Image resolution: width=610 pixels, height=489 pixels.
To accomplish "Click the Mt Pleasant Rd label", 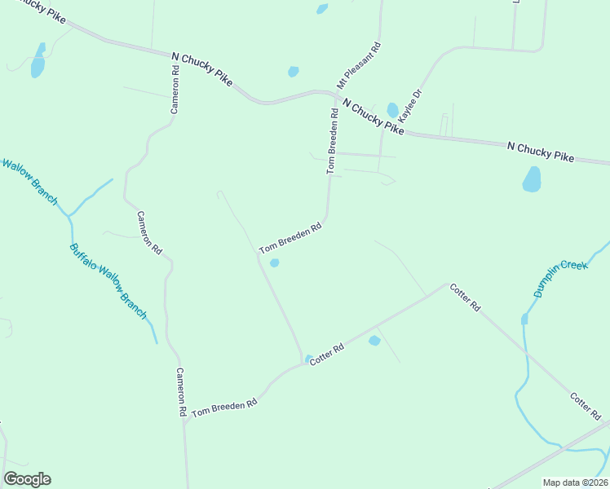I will pyautogui.click(x=359, y=65).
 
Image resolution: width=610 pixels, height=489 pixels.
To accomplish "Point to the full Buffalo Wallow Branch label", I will pyautogui.click(x=108, y=281).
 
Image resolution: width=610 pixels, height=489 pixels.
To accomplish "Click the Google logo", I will pyautogui.click(x=27, y=479).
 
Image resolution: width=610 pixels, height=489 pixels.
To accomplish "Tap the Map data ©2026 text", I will pyautogui.click(x=575, y=482).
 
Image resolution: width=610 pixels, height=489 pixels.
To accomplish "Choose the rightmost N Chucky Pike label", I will pyautogui.click(x=540, y=152).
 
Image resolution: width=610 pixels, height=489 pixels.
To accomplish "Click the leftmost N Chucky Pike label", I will pyautogui.click(x=203, y=68).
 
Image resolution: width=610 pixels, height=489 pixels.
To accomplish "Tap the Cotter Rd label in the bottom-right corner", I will pyautogui.click(x=585, y=405).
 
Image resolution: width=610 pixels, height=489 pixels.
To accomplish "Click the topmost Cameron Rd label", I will pyautogui.click(x=175, y=90).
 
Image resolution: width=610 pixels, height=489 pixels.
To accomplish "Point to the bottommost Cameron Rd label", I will pyautogui.click(x=182, y=392).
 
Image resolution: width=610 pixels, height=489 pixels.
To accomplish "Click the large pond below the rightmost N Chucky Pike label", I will pyautogui.click(x=532, y=179).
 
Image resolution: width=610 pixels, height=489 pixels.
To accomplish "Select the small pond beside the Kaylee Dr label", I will pyautogui.click(x=393, y=109).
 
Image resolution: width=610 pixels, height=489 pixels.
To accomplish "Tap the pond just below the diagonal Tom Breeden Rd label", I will pyautogui.click(x=275, y=262).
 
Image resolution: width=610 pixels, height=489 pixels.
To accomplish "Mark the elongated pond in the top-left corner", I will pyautogui.click(x=38, y=62).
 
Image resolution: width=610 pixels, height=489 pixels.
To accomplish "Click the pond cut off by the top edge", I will pyautogui.click(x=322, y=8).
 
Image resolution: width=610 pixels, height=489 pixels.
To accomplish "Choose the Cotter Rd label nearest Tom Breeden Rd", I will pyautogui.click(x=326, y=355).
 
